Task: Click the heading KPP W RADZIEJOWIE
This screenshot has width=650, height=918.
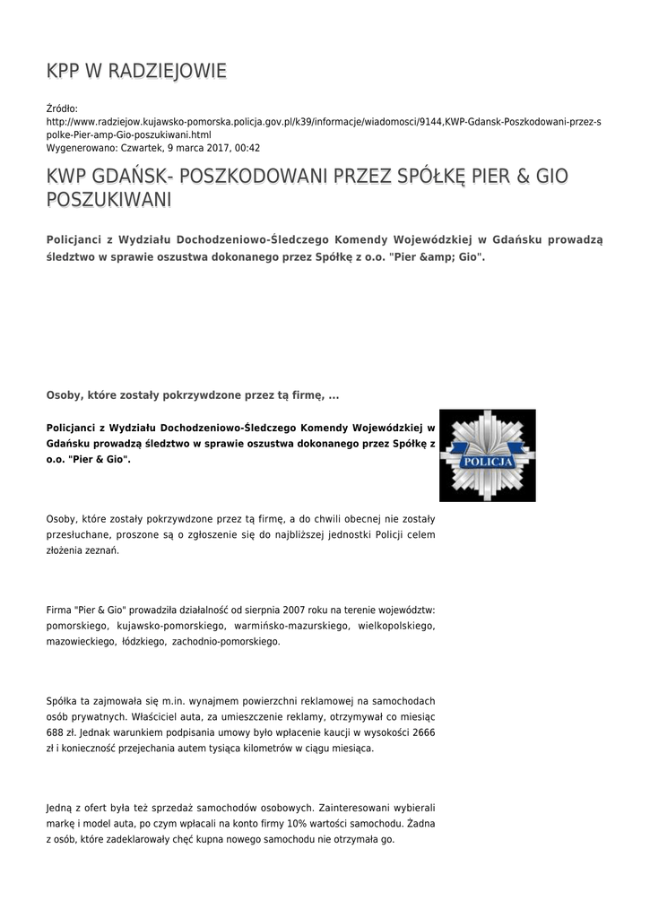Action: tap(136, 71)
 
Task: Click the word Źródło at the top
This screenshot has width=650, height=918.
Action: tap(62, 108)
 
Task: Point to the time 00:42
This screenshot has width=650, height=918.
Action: tap(248, 147)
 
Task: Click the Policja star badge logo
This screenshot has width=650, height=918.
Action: tap(487, 455)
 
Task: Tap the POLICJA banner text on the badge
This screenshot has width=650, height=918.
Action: tap(486, 462)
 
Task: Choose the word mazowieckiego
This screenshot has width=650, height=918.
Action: tap(80, 642)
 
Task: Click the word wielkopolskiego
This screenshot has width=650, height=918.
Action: tap(396, 626)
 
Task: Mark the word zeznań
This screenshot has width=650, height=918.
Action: tap(100, 550)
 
